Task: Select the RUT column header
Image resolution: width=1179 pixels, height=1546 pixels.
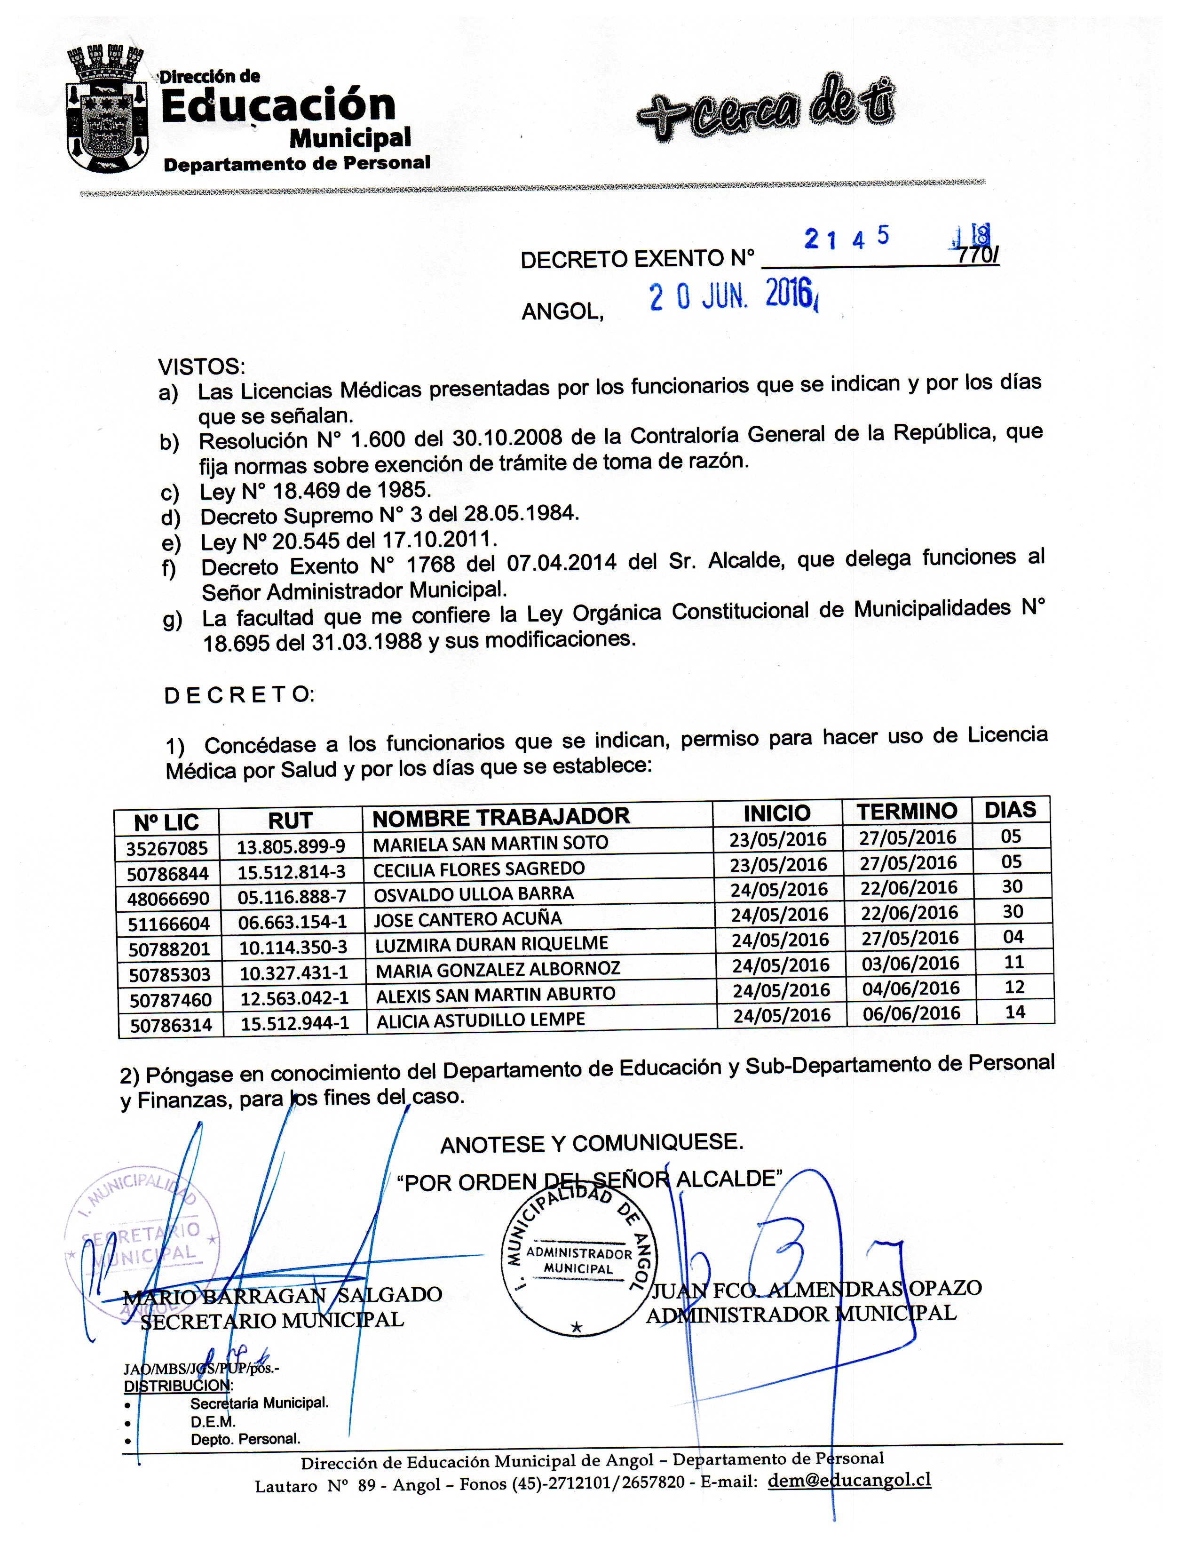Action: pos(290,820)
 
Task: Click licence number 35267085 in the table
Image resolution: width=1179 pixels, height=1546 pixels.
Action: pos(167,849)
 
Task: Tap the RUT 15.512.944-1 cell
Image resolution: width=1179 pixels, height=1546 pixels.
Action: pos(295,1023)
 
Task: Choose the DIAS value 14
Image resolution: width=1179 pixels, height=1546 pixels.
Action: pos(1015,1012)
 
